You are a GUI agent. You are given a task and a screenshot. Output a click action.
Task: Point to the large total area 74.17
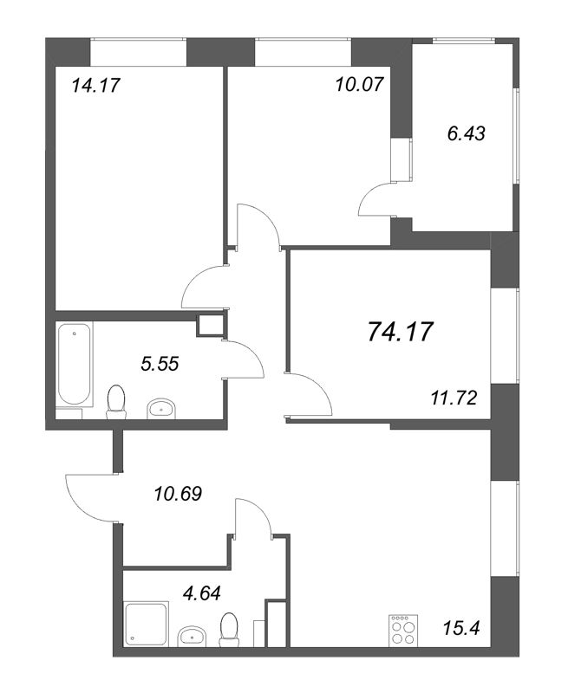point(400,331)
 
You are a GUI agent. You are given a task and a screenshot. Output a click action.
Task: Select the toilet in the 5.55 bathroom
point(114,401)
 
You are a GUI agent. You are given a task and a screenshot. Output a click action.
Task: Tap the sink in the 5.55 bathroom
point(160,406)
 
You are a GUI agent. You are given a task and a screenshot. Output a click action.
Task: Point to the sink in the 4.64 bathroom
point(193,638)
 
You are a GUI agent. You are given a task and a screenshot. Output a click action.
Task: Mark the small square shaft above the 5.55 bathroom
point(210,325)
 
